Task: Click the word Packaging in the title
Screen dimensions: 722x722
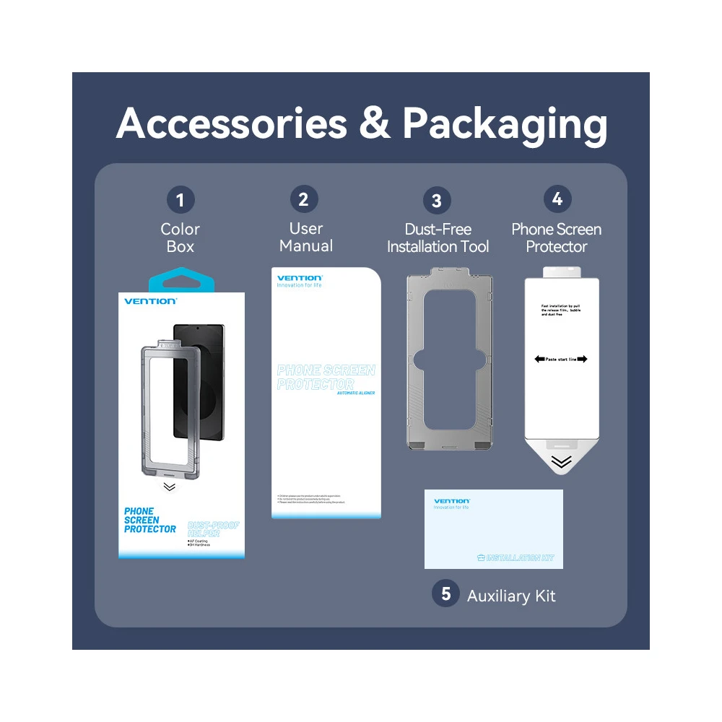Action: [505, 125]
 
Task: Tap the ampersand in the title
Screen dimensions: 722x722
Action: [374, 123]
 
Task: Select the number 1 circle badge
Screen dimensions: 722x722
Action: [180, 199]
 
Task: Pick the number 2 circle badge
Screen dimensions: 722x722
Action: [304, 199]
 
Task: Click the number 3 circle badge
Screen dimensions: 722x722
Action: [436, 201]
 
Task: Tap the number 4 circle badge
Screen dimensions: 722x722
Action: [557, 199]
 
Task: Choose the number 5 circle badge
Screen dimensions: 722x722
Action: [445, 593]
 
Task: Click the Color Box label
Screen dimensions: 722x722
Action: [180, 238]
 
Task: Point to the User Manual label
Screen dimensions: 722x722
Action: [306, 237]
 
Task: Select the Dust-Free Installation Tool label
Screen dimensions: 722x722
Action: [438, 238]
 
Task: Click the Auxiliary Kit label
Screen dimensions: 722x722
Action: [511, 596]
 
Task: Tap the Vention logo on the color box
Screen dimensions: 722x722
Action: [150, 301]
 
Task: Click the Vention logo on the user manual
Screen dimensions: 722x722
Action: [300, 278]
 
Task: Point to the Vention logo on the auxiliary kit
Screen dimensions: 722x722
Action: [452, 500]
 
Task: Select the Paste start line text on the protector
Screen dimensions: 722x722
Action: [561, 359]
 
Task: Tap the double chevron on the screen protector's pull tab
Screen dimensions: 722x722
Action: [561, 462]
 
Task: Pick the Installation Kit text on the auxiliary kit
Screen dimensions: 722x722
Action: [519, 558]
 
